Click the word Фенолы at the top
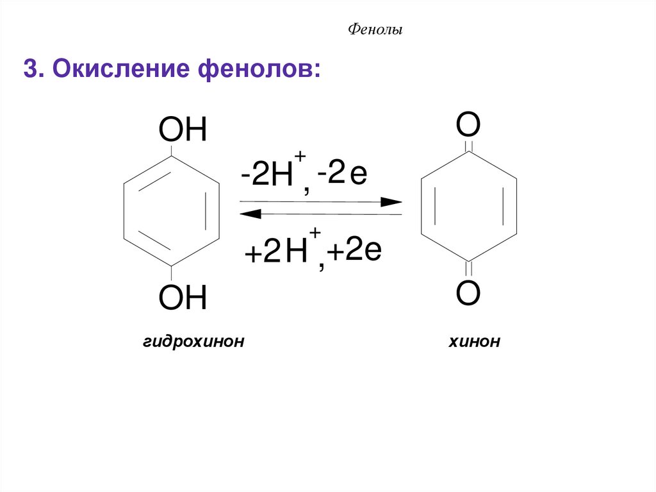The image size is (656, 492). coord(375,30)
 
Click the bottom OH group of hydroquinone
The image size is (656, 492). coord(183,298)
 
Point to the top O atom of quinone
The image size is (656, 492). coord(468,125)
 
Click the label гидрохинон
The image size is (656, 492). coord(194,341)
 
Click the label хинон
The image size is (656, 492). coord(474,341)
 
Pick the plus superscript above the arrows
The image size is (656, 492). coord(300,158)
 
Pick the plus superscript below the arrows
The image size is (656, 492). coord(315,233)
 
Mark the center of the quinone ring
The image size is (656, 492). coord(468,207)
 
